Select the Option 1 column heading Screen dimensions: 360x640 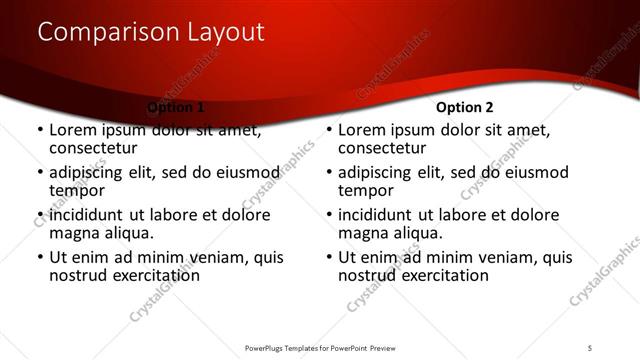point(176,107)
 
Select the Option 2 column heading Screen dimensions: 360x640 point(465,107)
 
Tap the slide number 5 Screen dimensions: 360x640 point(591,347)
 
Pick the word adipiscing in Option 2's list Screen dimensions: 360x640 point(382,172)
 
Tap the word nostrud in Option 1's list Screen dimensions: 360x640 point(80,275)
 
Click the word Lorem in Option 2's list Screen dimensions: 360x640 point(362,130)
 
